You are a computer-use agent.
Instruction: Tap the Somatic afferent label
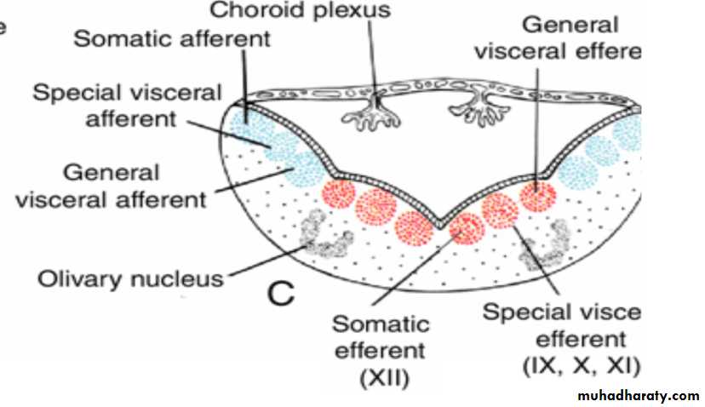coord(173,39)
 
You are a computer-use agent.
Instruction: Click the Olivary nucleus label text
coord(129,278)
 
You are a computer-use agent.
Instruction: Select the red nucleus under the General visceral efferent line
coord(537,195)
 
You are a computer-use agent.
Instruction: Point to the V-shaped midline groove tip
coord(439,224)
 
